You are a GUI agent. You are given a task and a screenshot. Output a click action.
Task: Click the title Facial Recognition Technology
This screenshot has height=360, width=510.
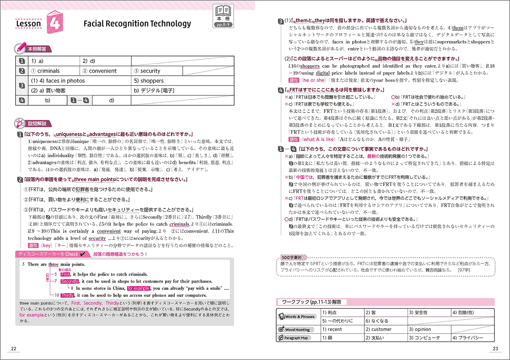(137, 24)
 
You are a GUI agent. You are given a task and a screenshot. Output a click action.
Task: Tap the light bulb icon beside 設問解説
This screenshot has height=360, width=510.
(20, 124)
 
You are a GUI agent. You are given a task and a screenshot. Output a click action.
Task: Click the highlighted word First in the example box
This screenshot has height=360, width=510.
(66, 274)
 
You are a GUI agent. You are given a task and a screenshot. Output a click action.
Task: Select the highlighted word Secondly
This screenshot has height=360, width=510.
(70, 281)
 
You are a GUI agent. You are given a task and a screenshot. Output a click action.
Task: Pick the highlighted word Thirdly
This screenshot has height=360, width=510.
(67, 295)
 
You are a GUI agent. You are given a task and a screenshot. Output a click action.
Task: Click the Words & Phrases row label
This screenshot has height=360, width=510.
(298, 316)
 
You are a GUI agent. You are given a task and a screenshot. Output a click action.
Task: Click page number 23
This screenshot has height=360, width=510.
(495, 349)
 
